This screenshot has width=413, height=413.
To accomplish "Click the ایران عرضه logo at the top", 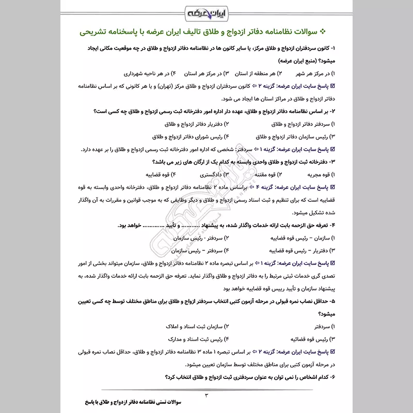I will (x=206, y=11).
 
